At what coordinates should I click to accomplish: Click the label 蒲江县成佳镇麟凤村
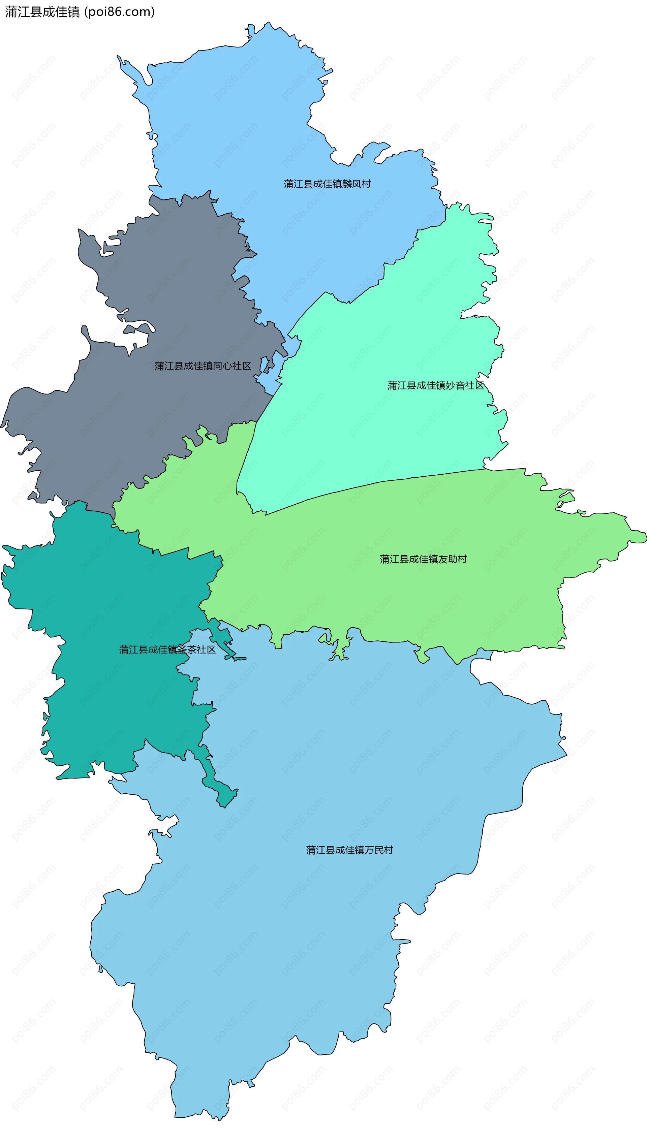pos(327,184)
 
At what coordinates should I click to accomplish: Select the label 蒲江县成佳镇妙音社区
pos(435,386)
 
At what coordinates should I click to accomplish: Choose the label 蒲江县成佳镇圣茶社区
pos(167,650)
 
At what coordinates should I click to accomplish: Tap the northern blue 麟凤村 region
pos(267,133)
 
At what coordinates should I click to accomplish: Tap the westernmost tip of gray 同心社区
pos(2,426)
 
